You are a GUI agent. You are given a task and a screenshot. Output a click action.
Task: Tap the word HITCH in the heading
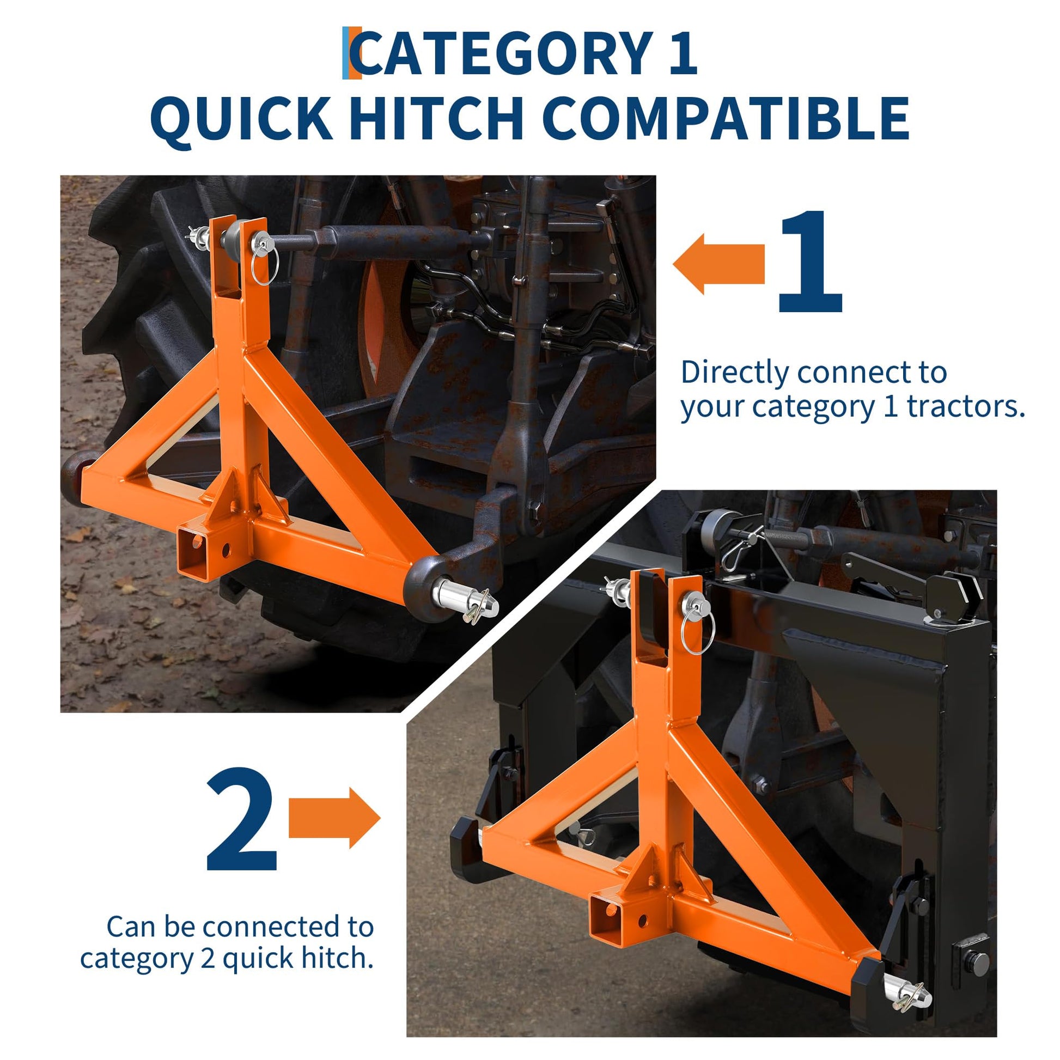click(x=436, y=119)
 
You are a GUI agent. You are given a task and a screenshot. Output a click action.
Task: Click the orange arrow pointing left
click(x=718, y=264)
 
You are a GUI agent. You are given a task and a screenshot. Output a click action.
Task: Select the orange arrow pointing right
click(x=334, y=818)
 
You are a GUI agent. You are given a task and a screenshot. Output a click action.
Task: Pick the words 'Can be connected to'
click(x=240, y=927)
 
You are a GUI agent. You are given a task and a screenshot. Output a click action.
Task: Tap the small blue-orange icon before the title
click(x=352, y=53)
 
